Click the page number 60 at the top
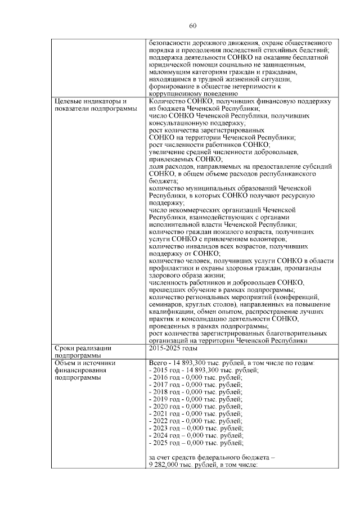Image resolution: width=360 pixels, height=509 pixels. pos(192,26)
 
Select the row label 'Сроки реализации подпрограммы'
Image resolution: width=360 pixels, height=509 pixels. pos(79,352)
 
